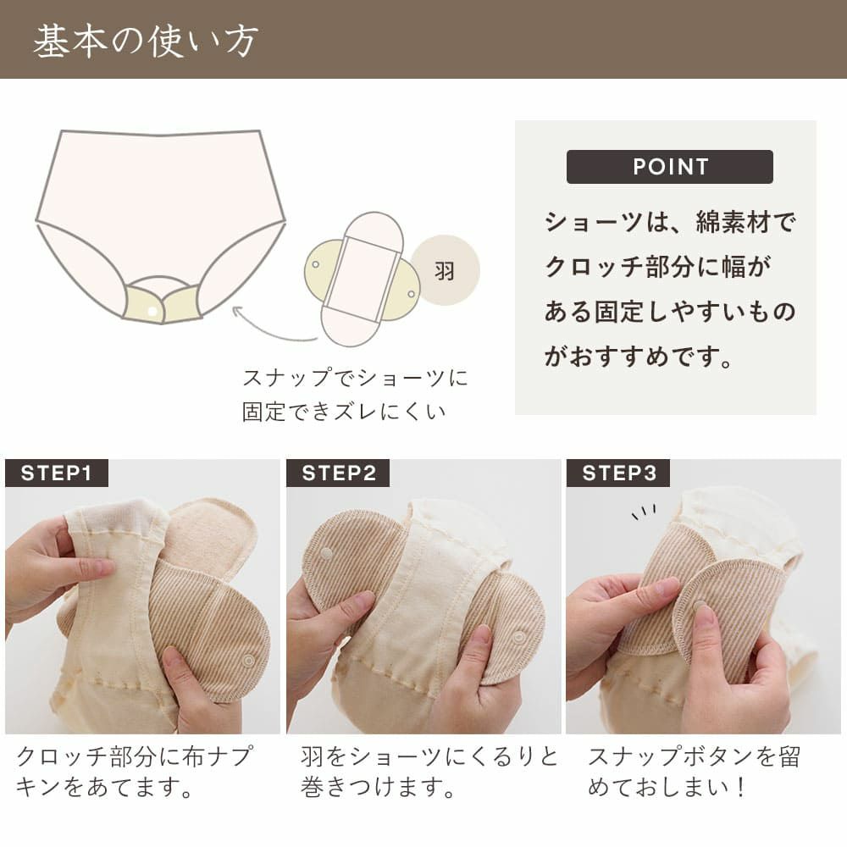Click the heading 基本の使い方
coord(145,41)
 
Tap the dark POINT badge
coord(669,167)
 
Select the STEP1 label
coord(56,473)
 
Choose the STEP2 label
coord(338,473)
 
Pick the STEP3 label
coord(618,473)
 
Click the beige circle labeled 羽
coord(445,271)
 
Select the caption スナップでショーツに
coord(355,378)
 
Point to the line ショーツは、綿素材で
coord(670,224)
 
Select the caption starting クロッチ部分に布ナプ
coord(134,756)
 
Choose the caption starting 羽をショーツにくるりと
coord(429,756)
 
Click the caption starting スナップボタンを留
coord(694,756)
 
